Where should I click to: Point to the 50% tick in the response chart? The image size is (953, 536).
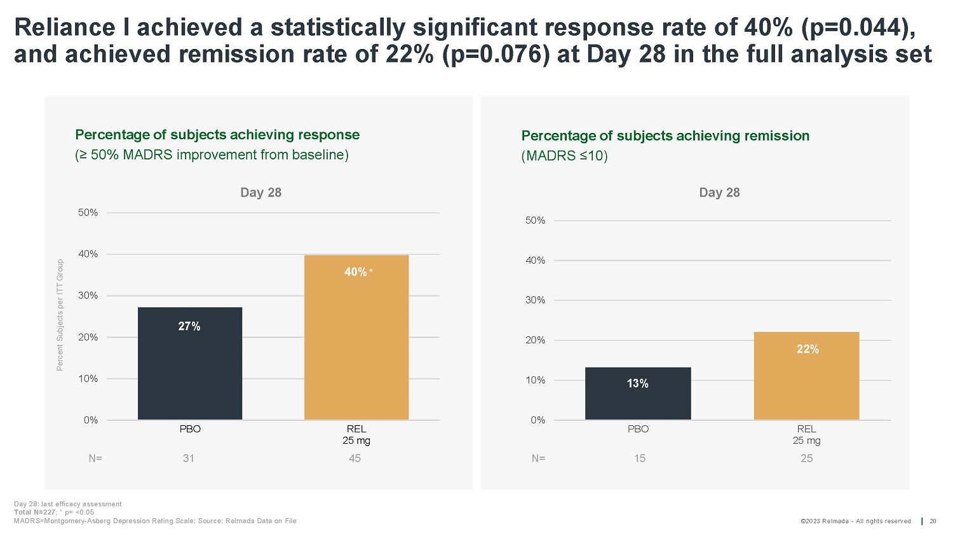point(88,212)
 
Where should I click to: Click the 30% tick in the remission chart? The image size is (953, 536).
point(535,300)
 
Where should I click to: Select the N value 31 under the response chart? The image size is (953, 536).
point(189,458)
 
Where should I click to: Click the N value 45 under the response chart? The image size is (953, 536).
point(355,458)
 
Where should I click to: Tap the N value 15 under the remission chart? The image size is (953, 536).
point(639,458)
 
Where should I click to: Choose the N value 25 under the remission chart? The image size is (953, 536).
point(806,458)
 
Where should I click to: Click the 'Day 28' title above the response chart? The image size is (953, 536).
point(260,193)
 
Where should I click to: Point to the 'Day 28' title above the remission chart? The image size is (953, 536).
point(719,193)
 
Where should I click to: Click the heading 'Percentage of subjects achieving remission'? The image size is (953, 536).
point(665,135)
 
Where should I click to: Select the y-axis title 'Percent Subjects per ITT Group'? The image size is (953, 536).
point(60,315)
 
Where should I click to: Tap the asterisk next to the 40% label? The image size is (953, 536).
point(371,271)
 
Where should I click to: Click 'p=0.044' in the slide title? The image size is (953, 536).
point(855,27)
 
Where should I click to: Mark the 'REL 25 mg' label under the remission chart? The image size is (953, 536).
point(806,435)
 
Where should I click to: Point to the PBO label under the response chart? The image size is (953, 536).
point(190,429)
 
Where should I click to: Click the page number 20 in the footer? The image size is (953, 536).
point(933,521)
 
